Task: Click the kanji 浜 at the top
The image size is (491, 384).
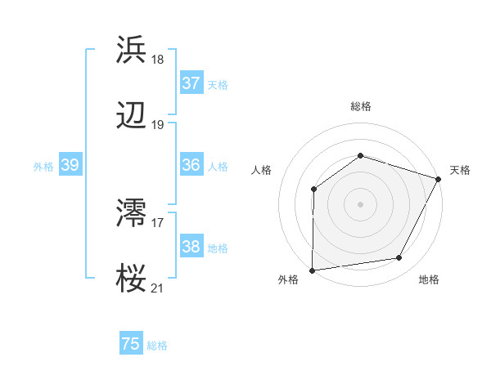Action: point(132,49)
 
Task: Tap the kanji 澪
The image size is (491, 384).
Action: point(132,213)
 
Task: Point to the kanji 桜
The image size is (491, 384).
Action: point(132,279)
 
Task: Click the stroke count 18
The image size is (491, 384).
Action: point(158,59)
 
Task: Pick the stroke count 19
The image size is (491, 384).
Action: point(158,125)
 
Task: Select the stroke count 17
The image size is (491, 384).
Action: point(158,221)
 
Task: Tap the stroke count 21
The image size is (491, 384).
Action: point(158,288)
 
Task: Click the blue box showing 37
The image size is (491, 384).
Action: point(191,83)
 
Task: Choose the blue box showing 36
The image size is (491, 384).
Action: point(191,165)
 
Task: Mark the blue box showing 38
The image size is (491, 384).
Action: point(191,247)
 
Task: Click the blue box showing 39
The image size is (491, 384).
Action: point(70,165)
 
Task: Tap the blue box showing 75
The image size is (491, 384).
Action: point(131,344)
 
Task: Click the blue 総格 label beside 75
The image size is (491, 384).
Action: point(157,346)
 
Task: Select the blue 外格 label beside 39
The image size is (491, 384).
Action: point(43,167)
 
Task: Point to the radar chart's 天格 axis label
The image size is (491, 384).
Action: point(460,170)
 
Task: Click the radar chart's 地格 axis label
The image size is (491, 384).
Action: point(429,279)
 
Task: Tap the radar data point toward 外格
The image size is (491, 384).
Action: point(313,270)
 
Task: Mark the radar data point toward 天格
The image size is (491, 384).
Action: point(439,179)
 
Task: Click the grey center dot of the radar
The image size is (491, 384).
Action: point(360,203)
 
